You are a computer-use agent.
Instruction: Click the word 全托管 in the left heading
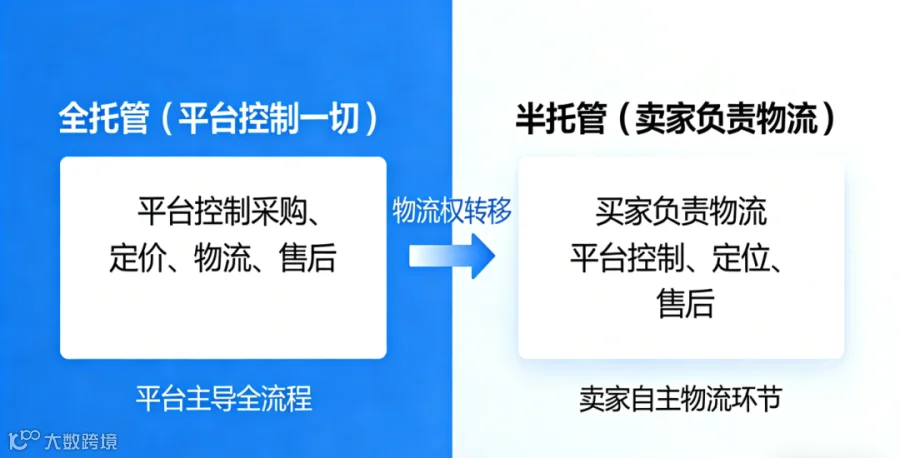[104, 119]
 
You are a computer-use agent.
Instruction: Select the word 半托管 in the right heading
[561, 119]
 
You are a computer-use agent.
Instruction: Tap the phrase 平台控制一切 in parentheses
[269, 119]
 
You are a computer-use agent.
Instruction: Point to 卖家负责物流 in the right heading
[726, 119]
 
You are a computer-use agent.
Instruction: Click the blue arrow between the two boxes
[452, 256]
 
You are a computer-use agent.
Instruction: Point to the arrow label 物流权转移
[452, 210]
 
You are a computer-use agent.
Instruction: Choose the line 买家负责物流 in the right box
[681, 211]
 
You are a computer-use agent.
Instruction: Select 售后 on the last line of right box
[685, 304]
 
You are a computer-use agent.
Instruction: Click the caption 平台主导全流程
[224, 398]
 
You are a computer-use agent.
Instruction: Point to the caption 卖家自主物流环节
[681, 398]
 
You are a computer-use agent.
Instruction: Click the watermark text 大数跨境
[80, 441]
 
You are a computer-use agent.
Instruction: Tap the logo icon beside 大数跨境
[24, 440]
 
